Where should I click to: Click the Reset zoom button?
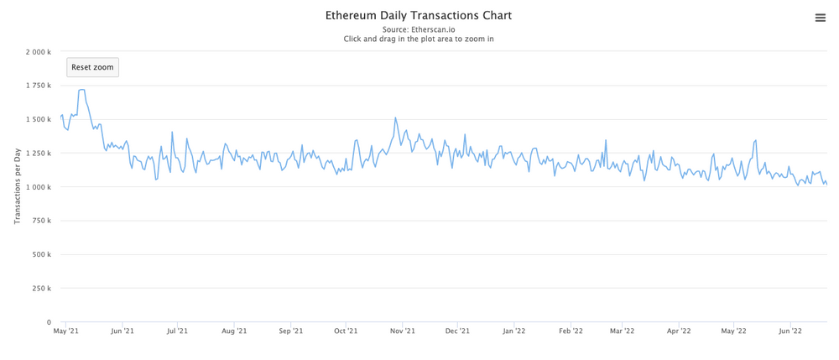[x=92, y=67]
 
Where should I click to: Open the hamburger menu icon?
[x=821, y=18]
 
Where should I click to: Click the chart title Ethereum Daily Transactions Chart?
[x=419, y=15]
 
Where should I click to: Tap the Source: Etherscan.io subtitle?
[x=419, y=29]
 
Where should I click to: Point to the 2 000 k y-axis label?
[x=39, y=52]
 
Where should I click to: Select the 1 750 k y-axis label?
[x=39, y=86]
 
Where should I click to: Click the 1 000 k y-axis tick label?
[x=39, y=187]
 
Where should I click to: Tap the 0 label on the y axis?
[x=49, y=322]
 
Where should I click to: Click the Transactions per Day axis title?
[x=18, y=187]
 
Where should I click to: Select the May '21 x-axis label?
[x=66, y=331]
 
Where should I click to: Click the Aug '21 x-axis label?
[x=234, y=331]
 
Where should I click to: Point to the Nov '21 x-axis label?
[x=403, y=331]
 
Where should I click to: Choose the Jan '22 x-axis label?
[x=514, y=331]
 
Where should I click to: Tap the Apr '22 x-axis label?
[x=679, y=331]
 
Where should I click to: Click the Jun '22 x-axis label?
[x=790, y=331]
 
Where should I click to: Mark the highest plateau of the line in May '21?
[x=81, y=90]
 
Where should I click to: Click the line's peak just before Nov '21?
[x=395, y=118]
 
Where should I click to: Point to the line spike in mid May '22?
[x=756, y=140]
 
